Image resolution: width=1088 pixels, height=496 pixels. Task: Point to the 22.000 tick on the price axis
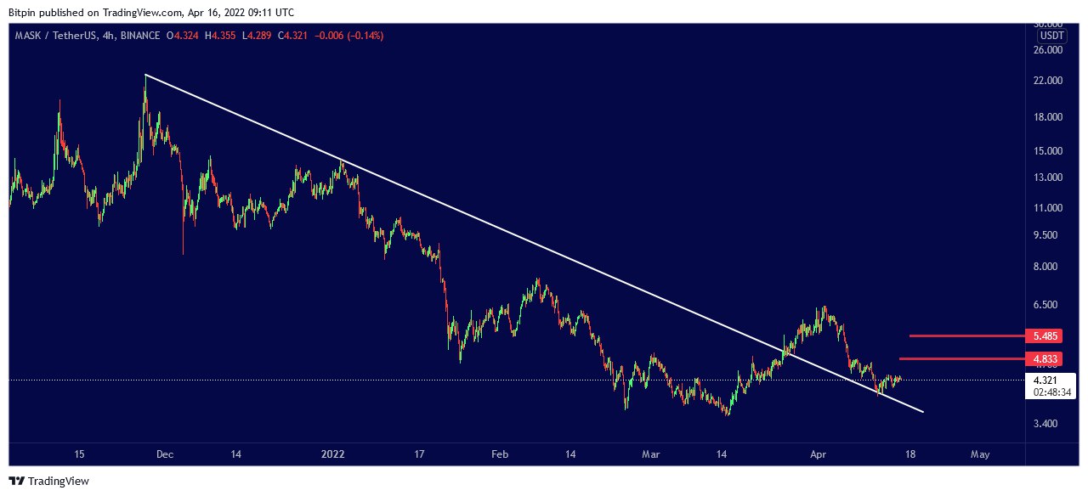(x=1046, y=81)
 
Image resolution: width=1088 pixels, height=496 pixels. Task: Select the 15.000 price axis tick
(x=1046, y=151)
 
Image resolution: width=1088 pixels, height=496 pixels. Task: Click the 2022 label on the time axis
(x=333, y=455)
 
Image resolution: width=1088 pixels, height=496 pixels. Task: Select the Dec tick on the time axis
(x=164, y=455)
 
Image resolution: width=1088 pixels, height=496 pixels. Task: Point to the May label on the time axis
(x=980, y=455)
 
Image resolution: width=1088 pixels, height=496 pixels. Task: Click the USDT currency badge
(x=1052, y=36)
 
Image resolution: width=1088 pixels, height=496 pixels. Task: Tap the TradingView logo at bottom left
(x=49, y=482)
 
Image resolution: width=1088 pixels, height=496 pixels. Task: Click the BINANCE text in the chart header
(x=140, y=36)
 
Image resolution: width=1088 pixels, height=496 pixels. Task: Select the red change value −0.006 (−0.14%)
(x=349, y=36)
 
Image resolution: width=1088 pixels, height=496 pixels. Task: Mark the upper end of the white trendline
(x=145, y=76)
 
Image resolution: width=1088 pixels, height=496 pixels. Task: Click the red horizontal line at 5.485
(x=964, y=335)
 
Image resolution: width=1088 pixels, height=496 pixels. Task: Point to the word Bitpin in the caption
(x=23, y=13)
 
